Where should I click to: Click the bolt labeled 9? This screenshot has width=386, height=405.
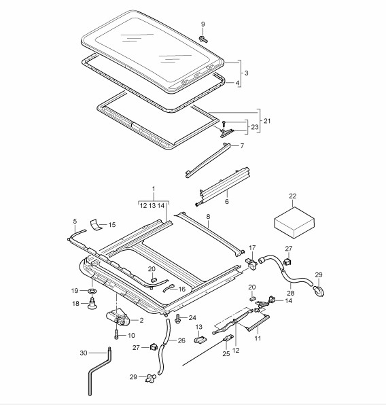204,39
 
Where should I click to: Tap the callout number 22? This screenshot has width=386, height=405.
292,196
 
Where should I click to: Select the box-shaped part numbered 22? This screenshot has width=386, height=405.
294,222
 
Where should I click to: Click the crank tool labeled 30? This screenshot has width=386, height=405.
99,372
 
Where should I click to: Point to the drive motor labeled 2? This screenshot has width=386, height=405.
117,318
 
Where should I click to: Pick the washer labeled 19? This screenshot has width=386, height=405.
92,291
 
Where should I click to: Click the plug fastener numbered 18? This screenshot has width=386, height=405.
92,303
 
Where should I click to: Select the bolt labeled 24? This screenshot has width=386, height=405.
178,318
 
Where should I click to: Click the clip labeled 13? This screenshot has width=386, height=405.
200,340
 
